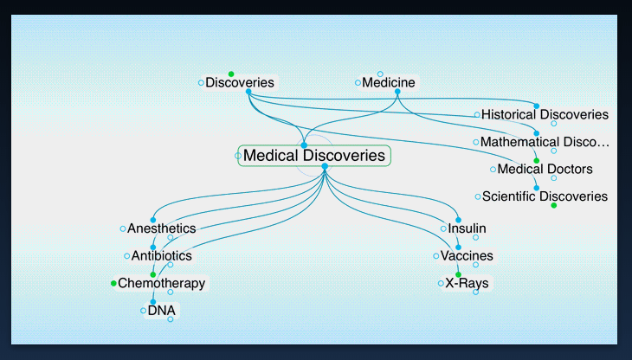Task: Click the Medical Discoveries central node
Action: pyautogui.click(x=313, y=156)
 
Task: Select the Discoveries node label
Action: pyautogui.click(x=240, y=83)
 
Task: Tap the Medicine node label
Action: pyautogui.click(x=389, y=83)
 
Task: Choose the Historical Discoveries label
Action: pyautogui.click(x=545, y=114)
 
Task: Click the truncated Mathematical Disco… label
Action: pyautogui.click(x=545, y=141)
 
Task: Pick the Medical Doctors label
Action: pyautogui.click(x=545, y=169)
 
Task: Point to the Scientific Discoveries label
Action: pyautogui.click(x=545, y=196)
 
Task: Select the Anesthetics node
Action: pyautogui.click(x=161, y=228)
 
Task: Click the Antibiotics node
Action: pyautogui.click(x=161, y=256)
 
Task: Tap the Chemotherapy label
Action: pyautogui.click(x=161, y=283)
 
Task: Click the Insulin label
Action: pyautogui.click(x=467, y=228)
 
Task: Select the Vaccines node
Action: pyautogui.click(x=467, y=256)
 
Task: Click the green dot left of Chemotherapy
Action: pyautogui.click(x=113, y=283)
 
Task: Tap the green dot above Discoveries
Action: pyautogui.click(x=230, y=74)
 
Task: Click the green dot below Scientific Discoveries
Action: pyautogui.click(x=553, y=205)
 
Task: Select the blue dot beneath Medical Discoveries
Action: pyautogui.click(x=324, y=166)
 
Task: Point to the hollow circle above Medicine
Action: pyautogui.click(x=380, y=74)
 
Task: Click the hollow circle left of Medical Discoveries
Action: pyautogui.click(x=238, y=156)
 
